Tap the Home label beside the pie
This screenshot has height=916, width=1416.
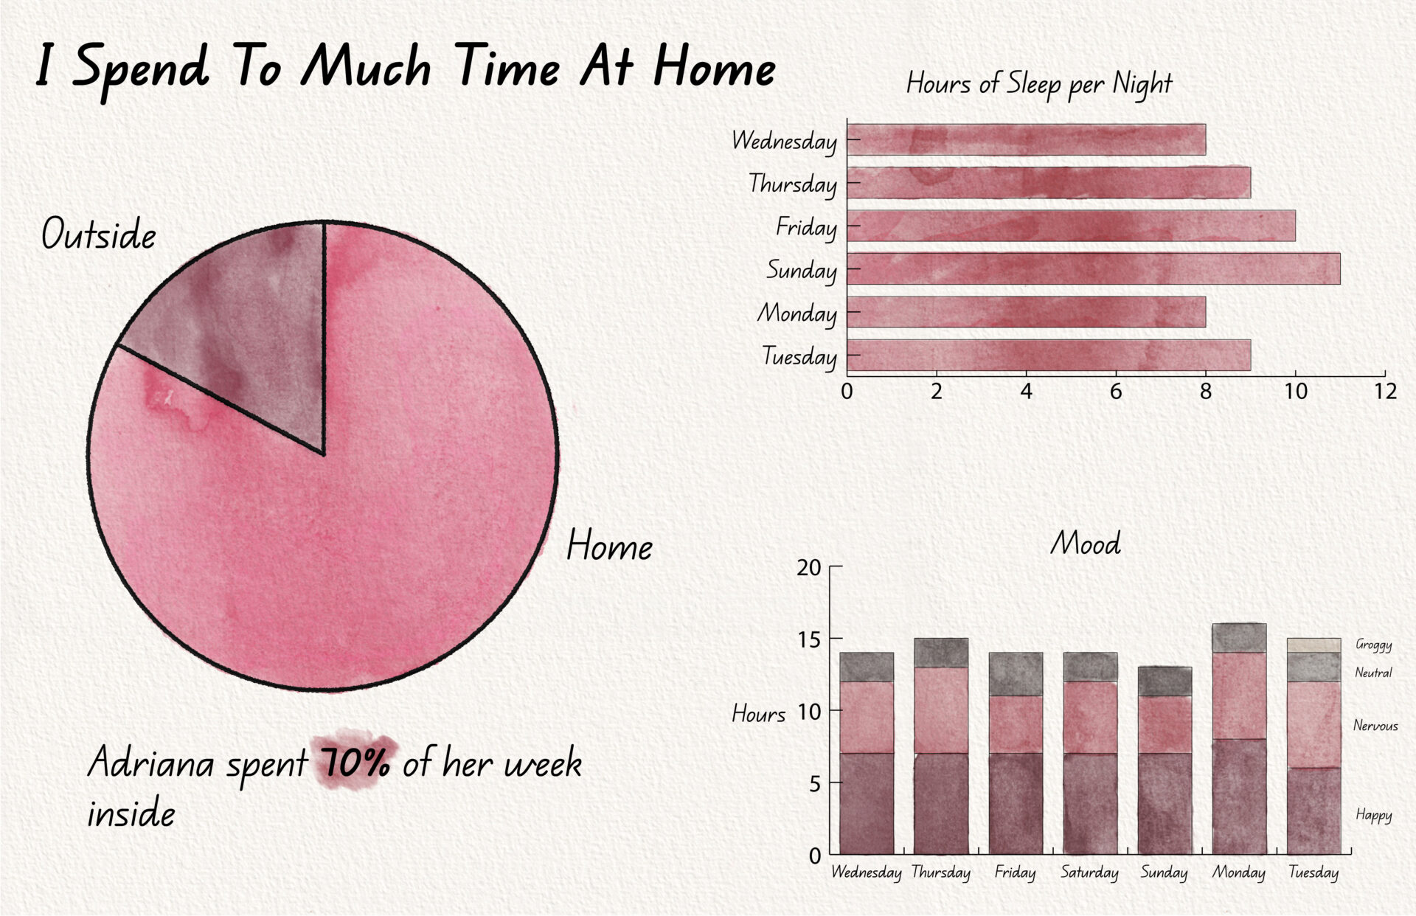click(x=609, y=546)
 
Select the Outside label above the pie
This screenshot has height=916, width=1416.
click(x=99, y=234)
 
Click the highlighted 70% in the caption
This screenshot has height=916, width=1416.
click(x=355, y=763)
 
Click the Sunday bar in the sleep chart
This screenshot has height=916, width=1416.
click(x=1093, y=268)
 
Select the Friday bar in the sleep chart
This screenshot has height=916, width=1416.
click(x=1071, y=226)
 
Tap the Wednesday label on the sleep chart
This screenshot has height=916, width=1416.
click(x=784, y=140)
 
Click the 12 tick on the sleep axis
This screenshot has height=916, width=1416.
click(x=1385, y=391)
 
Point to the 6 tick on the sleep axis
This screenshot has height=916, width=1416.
click(x=1116, y=391)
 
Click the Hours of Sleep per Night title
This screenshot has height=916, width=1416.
click(x=1039, y=84)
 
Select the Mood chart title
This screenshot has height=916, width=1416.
click(x=1085, y=544)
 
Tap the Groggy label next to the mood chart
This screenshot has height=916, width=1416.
click(x=1374, y=645)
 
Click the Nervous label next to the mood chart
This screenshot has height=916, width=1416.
click(x=1375, y=726)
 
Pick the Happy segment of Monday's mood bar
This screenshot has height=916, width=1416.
click(x=1240, y=797)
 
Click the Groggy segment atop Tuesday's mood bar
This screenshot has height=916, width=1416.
click(x=1314, y=645)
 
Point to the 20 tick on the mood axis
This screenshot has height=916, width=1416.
click(x=808, y=567)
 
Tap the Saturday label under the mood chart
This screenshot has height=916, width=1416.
click(x=1090, y=872)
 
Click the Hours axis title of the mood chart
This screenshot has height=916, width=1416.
click(x=759, y=713)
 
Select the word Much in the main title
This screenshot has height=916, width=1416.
click(x=366, y=66)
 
